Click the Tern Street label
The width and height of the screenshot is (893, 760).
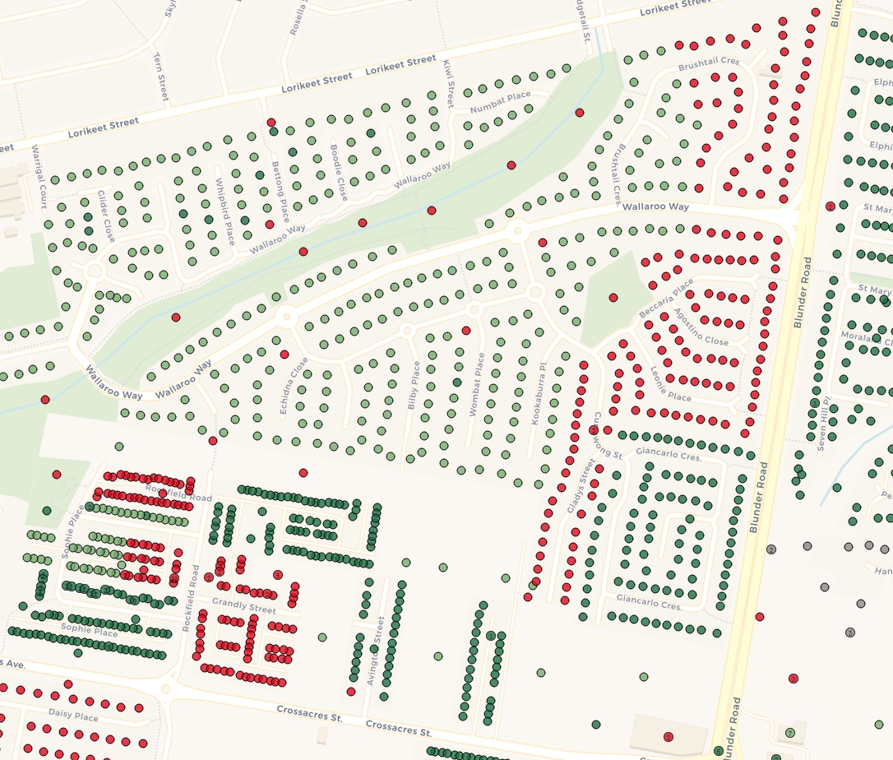(160, 76)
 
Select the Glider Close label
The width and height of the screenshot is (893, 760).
(106, 216)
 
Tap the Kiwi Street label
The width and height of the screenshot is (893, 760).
(448, 84)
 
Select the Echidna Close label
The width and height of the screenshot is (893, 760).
(294, 385)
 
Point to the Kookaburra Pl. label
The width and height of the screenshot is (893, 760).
(538, 392)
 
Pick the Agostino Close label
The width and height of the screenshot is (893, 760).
(701, 327)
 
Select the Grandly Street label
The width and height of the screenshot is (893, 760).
(244, 607)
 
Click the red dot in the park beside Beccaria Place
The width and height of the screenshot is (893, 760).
(613, 297)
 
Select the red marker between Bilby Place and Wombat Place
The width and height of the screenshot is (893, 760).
(466, 331)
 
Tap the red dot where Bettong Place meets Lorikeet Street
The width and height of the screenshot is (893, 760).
(272, 122)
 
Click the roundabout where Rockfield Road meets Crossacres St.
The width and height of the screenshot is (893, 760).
(167, 689)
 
